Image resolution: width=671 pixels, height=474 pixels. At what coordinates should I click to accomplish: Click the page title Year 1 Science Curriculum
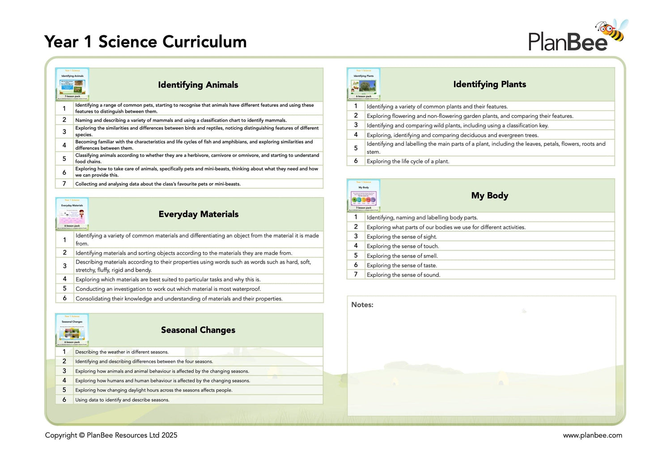(x=145, y=42)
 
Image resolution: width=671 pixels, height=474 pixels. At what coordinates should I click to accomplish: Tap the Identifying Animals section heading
(x=198, y=85)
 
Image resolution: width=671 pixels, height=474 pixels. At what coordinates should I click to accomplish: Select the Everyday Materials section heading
(x=198, y=214)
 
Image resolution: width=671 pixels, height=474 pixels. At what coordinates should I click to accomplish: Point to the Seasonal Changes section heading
(x=198, y=330)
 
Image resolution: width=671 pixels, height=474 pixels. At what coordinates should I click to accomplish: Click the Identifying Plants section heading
(x=489, y=84)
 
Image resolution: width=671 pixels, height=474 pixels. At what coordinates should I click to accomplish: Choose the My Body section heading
(x=489, y=196)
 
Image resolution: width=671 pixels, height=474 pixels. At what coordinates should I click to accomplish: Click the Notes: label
(x=362, y=305)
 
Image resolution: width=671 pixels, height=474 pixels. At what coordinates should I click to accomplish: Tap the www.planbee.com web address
(x=592, y=435)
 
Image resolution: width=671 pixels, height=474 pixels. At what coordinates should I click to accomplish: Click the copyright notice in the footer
(x=111, y=435)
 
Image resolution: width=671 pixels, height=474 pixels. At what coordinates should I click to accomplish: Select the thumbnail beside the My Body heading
(x=363, y=195)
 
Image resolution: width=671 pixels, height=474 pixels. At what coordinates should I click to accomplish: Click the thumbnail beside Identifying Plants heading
(x=363, y=84)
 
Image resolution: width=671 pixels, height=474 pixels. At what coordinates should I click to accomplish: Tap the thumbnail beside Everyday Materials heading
(x=72, y=214)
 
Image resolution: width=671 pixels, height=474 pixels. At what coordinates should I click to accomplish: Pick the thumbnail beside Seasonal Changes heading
(x=72, y=330)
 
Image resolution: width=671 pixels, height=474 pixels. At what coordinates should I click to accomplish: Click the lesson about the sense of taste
(x=402, y=265)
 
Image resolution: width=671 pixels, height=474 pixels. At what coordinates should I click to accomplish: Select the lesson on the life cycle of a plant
(x=408, y=161)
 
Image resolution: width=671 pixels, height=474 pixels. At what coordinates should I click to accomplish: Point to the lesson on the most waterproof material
(x=168, y=289)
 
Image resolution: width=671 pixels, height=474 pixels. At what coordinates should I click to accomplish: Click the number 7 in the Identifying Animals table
(x=64, y=184)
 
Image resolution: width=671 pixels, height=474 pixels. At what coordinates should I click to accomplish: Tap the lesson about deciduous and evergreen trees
(x=452, y=135)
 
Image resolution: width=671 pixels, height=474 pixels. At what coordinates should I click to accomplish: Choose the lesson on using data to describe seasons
(x=122, y=400)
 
